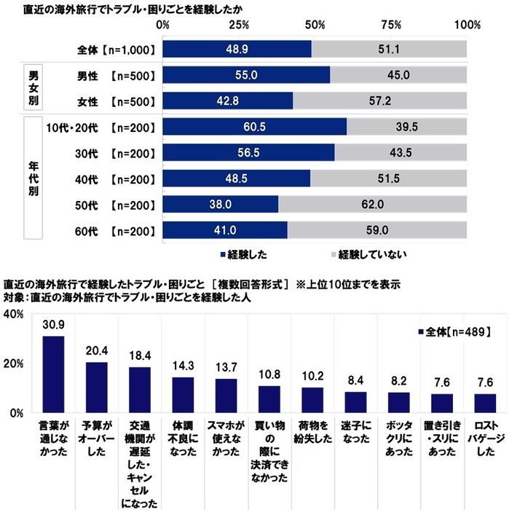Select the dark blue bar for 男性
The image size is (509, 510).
coord(246,75)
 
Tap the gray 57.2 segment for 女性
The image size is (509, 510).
coord(379,101)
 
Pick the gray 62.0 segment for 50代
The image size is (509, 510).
coord(372,205)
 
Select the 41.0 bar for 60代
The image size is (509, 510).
coord(225,231)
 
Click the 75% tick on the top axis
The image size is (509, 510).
coord(391,25)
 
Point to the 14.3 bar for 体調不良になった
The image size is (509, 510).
coord(183,394)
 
